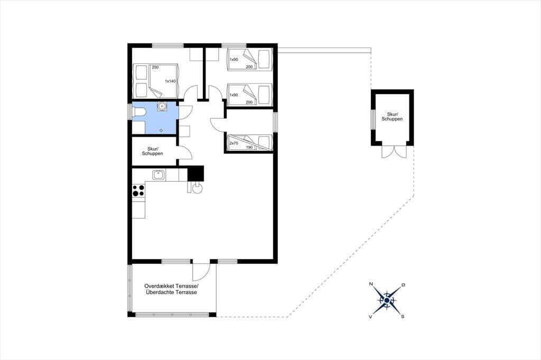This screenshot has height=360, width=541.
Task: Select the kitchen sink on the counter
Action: (158, 175)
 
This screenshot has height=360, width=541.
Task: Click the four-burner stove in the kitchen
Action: (138, 191)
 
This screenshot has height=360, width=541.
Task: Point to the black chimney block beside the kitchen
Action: (195, 174)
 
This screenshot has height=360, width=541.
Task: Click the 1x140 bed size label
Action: (171, 81)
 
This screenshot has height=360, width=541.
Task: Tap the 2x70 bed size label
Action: (234, 143)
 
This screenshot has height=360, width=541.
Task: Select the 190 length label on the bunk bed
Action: (249, 147)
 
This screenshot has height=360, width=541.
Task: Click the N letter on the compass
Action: (371, 284)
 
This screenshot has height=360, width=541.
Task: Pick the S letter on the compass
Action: (402, 317)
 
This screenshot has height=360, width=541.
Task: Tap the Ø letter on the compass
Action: (403, 285)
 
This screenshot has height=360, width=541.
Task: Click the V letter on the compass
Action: (370, 317)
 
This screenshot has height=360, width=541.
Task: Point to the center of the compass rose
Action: (387, 301)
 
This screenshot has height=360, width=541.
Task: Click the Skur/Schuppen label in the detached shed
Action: (392, 117)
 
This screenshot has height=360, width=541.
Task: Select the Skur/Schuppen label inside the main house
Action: (152, 151)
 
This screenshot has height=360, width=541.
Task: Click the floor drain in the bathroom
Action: (161, 130)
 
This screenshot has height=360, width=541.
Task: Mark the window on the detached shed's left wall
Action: (372, 119)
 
